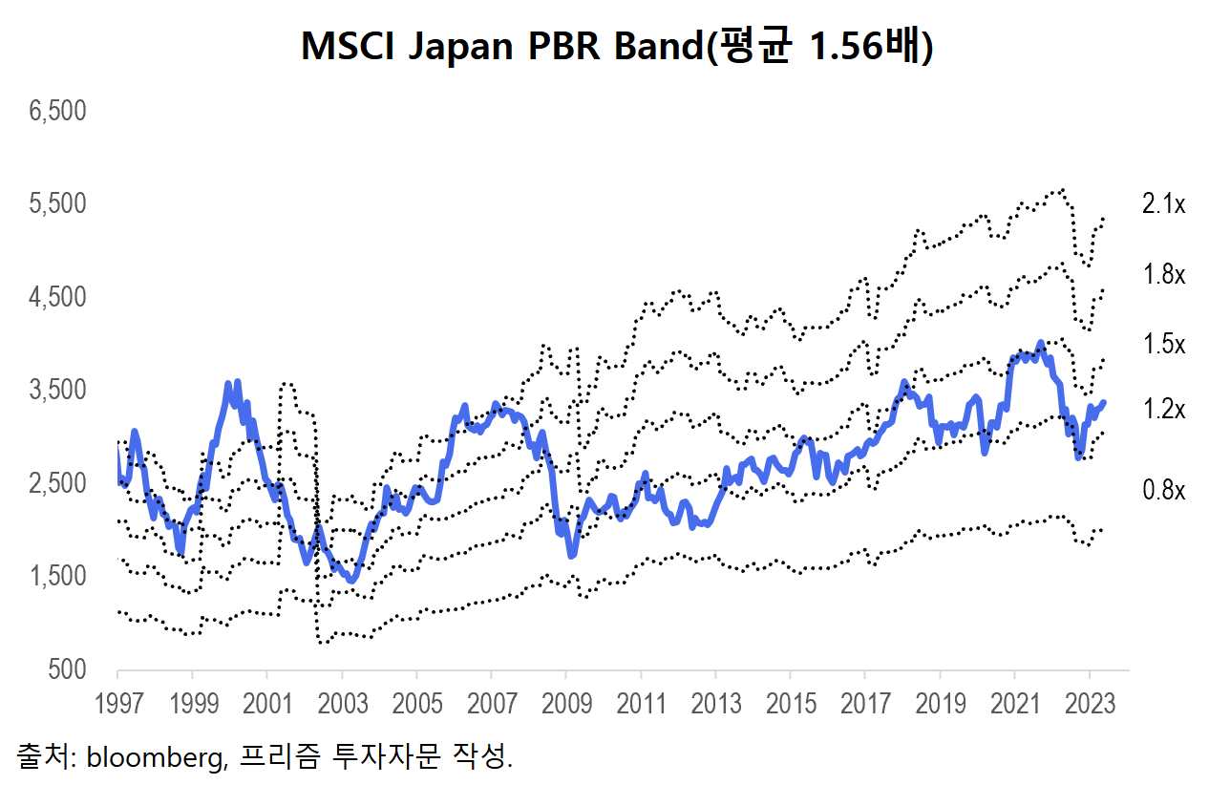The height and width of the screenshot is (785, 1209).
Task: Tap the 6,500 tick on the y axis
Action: coord(58,111)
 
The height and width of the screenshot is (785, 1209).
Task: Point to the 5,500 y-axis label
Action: coord(58,204)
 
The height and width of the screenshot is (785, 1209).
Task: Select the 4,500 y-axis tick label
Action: coord(58,297)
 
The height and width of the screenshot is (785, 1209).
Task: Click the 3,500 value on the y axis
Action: coord(58,391)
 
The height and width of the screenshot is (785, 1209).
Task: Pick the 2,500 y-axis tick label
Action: coord(58,484)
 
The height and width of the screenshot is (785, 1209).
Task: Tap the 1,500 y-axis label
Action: coord(58,577)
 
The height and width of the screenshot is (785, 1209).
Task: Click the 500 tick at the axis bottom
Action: coord(68,670)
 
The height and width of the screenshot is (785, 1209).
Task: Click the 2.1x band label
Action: coord(1163,204)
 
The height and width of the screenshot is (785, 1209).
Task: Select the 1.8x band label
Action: coord(1163,275)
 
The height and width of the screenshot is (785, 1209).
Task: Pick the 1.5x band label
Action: coord(1163,345)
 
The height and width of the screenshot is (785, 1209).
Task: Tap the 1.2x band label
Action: coord(1163,410)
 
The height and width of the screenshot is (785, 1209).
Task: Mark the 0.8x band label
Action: coord(1163,491)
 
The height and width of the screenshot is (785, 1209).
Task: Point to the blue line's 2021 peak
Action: coord(1040,342)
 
